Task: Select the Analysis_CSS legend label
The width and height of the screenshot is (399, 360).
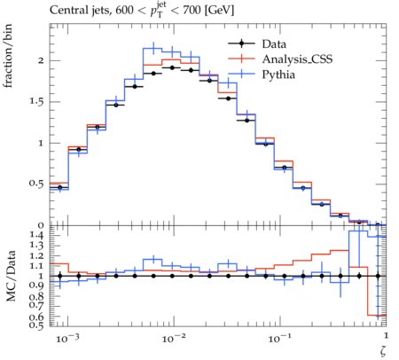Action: coord(297,59)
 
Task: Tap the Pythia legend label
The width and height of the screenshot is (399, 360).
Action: coord(278,74)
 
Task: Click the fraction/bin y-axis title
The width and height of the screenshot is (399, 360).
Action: coord(8,56)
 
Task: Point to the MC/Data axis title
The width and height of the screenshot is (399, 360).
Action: coord(11,276)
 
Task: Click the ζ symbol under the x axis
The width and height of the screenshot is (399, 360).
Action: coord(383,351)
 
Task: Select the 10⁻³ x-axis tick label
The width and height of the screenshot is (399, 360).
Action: coord(67,338)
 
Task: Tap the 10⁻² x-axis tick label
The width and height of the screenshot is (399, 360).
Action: coord(174,338)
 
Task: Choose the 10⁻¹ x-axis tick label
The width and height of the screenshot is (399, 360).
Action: coord(279,338)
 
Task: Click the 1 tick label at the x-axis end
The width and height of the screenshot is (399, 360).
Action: coord(386,335)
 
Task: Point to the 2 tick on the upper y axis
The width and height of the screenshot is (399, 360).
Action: coord(41,60)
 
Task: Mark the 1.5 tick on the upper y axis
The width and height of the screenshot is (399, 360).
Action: coord(36,101)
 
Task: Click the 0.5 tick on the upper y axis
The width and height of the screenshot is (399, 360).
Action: coord(36,184)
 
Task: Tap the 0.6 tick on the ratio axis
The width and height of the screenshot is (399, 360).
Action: coord(36,317)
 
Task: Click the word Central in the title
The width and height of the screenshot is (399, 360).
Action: coord(66,10)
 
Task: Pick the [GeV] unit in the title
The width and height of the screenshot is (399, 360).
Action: coord(219,11)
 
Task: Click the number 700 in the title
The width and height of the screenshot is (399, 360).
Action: coord(192,11)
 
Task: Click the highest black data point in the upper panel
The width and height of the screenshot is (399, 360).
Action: coord(172,67)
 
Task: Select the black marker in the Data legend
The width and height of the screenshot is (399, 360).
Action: coord(241,43)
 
